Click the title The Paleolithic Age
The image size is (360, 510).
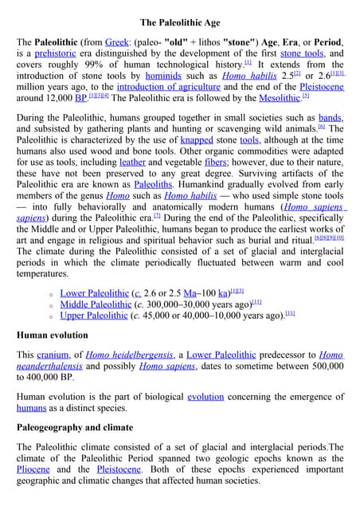click(180, 22)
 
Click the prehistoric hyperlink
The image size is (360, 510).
click(57, 53)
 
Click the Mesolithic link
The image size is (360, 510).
click(280, 98)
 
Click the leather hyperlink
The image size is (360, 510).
click(132, 162)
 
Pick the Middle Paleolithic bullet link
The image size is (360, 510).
click(96, 304)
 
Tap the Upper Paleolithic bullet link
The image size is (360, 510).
click(94, 316)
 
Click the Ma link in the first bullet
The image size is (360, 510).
click(191, 293)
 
